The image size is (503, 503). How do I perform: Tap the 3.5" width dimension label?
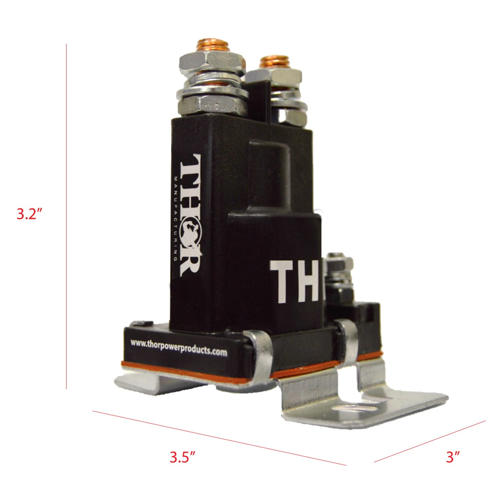coord(182,457)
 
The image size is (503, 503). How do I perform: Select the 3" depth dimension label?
coord(452,457)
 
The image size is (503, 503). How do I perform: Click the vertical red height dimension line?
coord(66,216)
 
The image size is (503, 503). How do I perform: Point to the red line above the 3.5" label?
coord(219,438)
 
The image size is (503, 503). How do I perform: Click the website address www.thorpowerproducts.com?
coord(179,348)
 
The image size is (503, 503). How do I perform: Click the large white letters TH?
coord(294,282)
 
